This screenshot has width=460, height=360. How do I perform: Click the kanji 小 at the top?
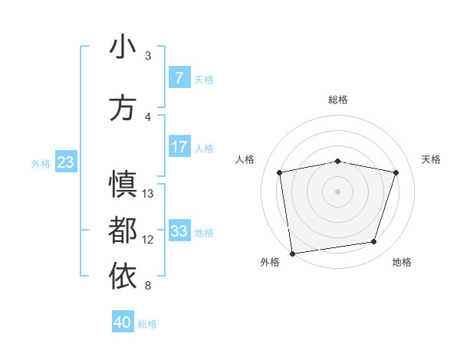click(x=123, y=47)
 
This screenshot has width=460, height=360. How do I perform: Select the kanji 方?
click(x=123, y=109)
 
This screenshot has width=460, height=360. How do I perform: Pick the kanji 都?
click(x=123, y=231)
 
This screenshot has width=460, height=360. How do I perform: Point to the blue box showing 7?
click(x=179, y=77)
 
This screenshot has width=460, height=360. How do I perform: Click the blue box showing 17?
click(x=179, y=147)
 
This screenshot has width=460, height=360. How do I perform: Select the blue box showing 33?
click(x=179, y=231)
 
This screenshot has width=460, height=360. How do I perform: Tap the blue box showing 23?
click(x=65, y=162)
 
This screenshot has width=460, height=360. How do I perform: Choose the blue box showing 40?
click(x=122, y=322)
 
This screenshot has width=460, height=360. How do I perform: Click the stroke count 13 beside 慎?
click(x=148, y=194)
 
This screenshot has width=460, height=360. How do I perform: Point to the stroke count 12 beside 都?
click(x=148, y=240)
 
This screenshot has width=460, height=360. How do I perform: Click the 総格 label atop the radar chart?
click(x=338, y=100)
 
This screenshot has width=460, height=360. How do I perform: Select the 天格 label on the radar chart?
click(x=432, y=159)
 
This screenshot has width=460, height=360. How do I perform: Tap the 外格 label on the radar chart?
click(x=271, y=262)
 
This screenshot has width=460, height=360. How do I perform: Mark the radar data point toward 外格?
click(x=292, y=253)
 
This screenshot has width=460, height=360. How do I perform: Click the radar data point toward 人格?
click(x=280, y=172)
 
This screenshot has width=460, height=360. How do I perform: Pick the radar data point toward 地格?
click(x=374, y=242)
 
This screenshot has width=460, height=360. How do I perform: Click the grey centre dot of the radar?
click(x=338, y=191)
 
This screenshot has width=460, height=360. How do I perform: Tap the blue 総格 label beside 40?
click(x=148, y=324)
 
